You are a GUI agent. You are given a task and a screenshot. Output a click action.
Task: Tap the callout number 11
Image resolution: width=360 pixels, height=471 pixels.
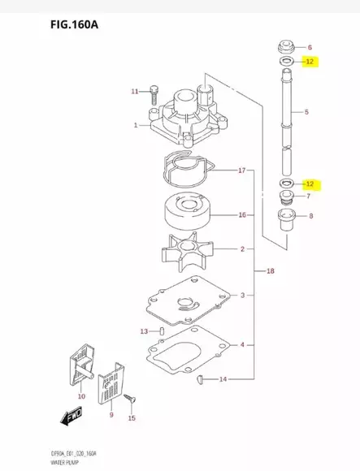pyautogui.click(x=135, y=92)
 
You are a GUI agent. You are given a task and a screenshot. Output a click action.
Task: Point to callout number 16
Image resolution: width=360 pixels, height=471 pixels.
pyautogui.click(x=241, y=215)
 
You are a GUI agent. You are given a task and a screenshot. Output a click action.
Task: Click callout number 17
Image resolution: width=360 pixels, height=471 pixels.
pyautogui.click(x=241, y=171)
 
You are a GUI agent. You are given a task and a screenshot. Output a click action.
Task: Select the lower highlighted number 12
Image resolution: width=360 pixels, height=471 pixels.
pyautogui.click(x=309, y=184)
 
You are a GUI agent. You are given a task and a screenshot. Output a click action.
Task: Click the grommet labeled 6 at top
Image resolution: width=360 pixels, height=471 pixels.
pyautogui.click(x=285, y=46)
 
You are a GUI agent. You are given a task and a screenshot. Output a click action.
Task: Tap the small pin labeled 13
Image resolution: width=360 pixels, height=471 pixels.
pyautogui.click(x=161, y=331)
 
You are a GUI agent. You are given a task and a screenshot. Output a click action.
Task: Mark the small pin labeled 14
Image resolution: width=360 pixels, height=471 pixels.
pyautogui.click(x=202, y=379)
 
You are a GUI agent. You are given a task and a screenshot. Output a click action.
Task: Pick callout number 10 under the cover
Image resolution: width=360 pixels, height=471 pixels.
pyautogui.click(x=80, y=396)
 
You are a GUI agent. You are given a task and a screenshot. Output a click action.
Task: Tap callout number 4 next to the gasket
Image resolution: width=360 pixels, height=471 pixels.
pyautogui.click(x=241, y=345)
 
